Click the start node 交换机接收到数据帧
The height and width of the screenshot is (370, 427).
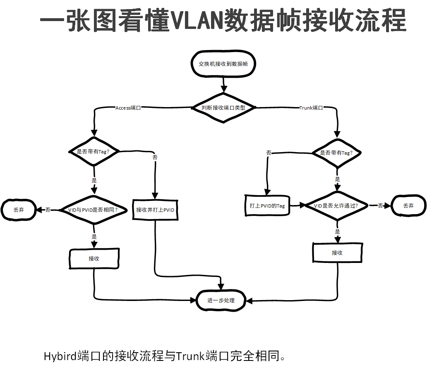(223, 64)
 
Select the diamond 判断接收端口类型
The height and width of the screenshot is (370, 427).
(223, 107)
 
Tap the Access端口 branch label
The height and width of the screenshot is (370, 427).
(128, 108)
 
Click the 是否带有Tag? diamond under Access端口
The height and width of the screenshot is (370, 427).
(94, 151)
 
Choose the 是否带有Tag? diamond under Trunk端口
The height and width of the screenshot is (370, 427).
(337, 153)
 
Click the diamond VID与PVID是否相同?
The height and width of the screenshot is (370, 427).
(94, 210)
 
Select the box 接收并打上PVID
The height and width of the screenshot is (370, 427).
(156, 210)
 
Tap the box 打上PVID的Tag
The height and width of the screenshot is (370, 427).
(267, 205)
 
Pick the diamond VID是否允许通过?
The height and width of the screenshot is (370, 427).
(336, 205)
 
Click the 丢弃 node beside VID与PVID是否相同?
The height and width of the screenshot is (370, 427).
(19, 210)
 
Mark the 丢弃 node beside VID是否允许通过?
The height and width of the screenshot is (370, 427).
(408, 205)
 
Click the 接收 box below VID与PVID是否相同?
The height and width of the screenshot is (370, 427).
(94, 259)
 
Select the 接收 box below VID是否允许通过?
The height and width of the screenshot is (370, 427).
(337, 253)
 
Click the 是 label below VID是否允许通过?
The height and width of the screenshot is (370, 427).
(338, 232)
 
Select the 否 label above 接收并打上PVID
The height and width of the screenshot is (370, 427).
(155, 157)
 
